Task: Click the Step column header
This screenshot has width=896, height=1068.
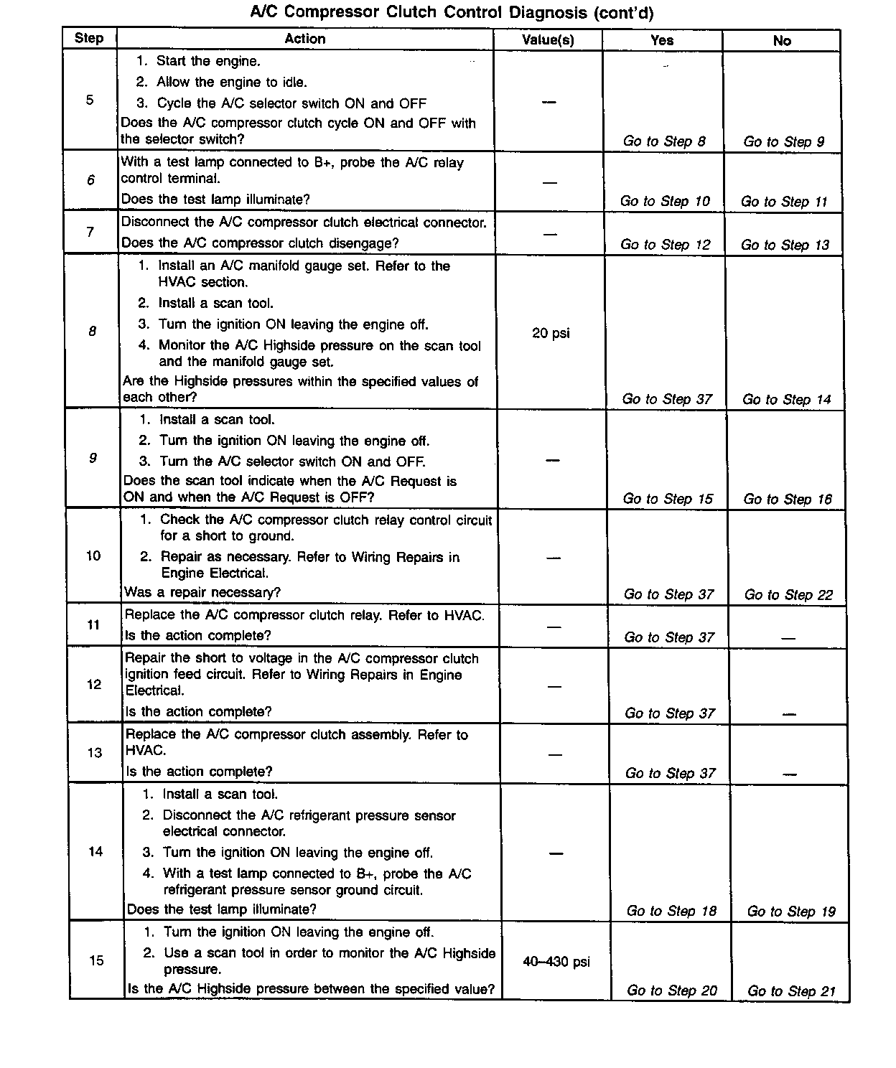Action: pyautogui.click(x=89, y=38)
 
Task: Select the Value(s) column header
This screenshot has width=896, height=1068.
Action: pyautogui.click(x=548, y=40)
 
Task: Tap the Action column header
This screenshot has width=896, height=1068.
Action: pyautogui.click(x=305, y=39)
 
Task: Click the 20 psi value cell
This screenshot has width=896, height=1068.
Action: pyautogui.click(x=551, y=333)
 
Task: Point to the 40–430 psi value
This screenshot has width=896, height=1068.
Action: pyautogui.click(x=556, y=962)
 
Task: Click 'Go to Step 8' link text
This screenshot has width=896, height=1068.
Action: pyautogui.click(x=663, y=141)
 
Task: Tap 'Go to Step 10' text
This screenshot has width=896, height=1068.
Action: pyautogui.click(x=665, y=202)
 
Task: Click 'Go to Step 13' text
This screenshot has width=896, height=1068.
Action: pyautogui.click(x=785, y=245)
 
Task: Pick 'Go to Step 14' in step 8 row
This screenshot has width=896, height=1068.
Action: pyautogui.click(x=786, y=400)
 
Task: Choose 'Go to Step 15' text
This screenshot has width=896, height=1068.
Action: pyautogui.click(x=668, y=499)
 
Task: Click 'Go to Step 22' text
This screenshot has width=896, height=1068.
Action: pyautogui.click(x=788, y=595)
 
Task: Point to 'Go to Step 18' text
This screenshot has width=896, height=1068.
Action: pyautogui.click(x=671, y=912)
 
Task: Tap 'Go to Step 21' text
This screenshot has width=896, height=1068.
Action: pyautogui.click(x=791, y=991)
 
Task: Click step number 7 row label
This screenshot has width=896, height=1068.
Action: pyautogui.click(x=90, y=232)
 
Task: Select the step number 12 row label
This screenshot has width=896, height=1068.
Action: pyautogui.click(x=94, y=685)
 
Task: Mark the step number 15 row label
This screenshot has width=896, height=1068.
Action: pyautogui.click(x=96, y=960)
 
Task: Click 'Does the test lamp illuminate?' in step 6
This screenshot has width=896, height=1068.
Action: pyautogui.click(x=215, y=200)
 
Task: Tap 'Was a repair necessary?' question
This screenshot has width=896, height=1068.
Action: pyautogui.click(x=202, y=593)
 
